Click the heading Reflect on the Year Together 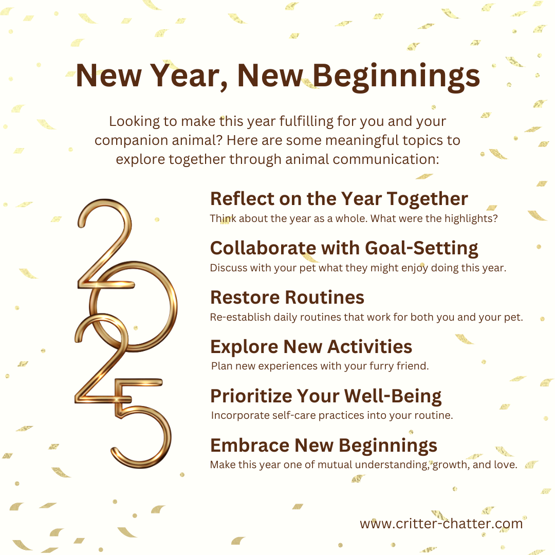(x=339, y=198)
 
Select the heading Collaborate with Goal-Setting (x=344, y=248)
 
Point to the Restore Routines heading (x=287, y=297)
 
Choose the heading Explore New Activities (x=311, y=346)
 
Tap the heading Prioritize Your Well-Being (x=326, y=396)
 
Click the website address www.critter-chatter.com (x=441, y=524)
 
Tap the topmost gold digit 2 (x=105, y=242)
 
